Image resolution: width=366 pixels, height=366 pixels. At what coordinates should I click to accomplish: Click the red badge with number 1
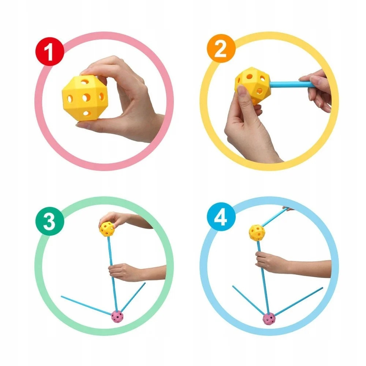[x=49, y=52]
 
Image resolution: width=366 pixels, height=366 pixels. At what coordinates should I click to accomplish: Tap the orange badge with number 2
[x=221, y=48]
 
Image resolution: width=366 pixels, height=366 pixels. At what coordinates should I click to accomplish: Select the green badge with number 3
[x=50, y=221]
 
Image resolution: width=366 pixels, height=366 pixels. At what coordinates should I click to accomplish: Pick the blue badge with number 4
[x=221, y=217]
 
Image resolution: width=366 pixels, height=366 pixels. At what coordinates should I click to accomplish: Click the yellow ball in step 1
[x=85, y=98]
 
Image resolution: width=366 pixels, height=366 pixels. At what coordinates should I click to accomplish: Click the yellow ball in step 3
[x=107, y=229]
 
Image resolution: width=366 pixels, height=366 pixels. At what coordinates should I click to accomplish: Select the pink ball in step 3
[x=117, y=316]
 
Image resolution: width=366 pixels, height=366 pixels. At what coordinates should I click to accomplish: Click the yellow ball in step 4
[x=257, y=233]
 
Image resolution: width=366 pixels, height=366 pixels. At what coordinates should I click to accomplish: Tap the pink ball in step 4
[x=269, y=319]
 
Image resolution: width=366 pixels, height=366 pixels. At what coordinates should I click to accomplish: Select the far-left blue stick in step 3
[x=87, y=306]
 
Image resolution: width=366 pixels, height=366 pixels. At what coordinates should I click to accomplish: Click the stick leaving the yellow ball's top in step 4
[x=274, y=217]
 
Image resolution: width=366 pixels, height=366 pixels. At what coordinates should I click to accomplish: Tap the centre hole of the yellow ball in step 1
[x=86, y=97]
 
